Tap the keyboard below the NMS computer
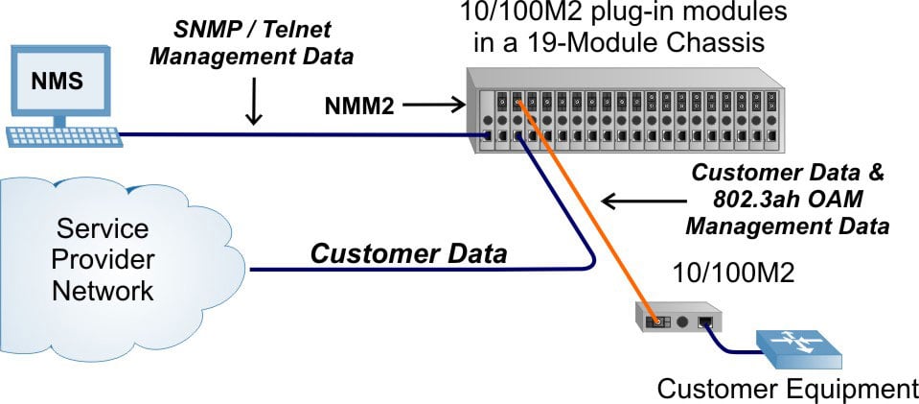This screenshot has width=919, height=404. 64,136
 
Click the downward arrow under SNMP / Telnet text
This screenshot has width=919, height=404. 253,107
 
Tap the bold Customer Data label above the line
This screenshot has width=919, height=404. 408,254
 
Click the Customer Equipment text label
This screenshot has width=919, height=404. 787,389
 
